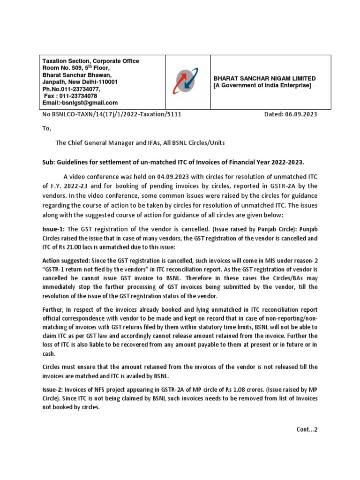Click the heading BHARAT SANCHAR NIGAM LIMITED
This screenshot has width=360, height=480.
click(x=264, y=78)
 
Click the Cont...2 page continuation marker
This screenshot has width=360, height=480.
click(x=307, y=429)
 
